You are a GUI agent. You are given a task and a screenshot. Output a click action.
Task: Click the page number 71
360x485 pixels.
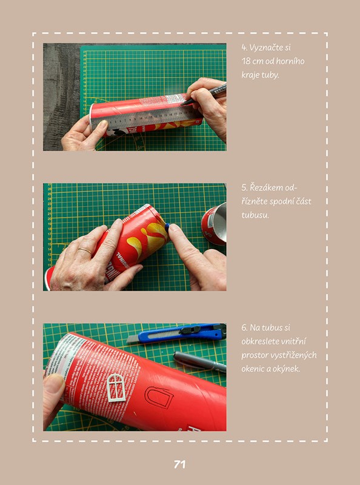179,464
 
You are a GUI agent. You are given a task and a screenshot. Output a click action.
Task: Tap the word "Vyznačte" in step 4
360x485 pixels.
270,48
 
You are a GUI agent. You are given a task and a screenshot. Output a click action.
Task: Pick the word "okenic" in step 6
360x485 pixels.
252,369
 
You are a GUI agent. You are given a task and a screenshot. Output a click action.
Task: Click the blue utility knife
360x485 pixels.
176,333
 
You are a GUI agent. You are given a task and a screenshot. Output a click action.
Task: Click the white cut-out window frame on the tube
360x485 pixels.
116,387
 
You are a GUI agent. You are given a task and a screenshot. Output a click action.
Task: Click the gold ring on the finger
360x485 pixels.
85,250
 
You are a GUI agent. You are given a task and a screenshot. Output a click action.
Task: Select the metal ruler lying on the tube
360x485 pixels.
145,117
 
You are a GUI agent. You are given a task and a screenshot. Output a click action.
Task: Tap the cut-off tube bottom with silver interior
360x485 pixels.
214,223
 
